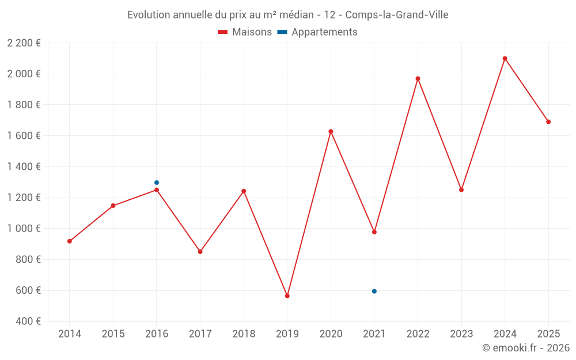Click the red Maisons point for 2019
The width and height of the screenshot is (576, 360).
pyautogui.click(x=287, y=296)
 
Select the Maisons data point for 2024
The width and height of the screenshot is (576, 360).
pyautogui.click(x=505, y=58)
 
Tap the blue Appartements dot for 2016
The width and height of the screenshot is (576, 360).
pyautogui.click(x=157, y=183)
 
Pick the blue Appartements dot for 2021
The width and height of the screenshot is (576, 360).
pyautogui.click(x=374, y=291)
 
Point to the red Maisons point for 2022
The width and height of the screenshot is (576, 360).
pyautogui.click(x=418, y=78)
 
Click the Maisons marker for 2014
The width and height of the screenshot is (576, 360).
pyautogui.click(x=70, y=241)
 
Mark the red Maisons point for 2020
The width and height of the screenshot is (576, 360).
pyautogui.click(x=331, y=131)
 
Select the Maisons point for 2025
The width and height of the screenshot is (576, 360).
pyautogui.click(x=548, y=122)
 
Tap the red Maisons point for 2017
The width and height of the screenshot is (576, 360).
pyautogui.click(x=200, y=252)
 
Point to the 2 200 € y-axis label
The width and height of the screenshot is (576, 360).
pyautogui.click(x=24, y=43)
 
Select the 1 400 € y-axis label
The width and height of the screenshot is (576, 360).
pyautogui.click(x=24, y=167)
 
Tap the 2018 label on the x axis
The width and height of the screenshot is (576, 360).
pyautogui.click(x=244, y=334)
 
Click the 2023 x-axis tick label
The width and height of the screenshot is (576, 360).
pyautogui.click(x=461, y=334)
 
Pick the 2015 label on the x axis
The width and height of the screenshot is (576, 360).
pyautogui.click(x=113, y=334)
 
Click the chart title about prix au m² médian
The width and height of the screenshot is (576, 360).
pyautogui.click(x=287, y=15)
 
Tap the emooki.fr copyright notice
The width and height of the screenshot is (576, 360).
pyautogui.click(x=525, y=348)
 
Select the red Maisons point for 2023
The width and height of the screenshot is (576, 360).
pyautogui.click(x=461, y=190)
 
